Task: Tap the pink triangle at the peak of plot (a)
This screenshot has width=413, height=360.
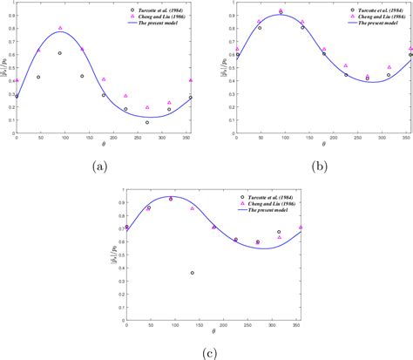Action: (x=60, y=28)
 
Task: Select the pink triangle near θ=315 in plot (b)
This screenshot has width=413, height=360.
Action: (x=389, y=66)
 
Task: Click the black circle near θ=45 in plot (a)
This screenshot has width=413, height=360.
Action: (x=38, y=77)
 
